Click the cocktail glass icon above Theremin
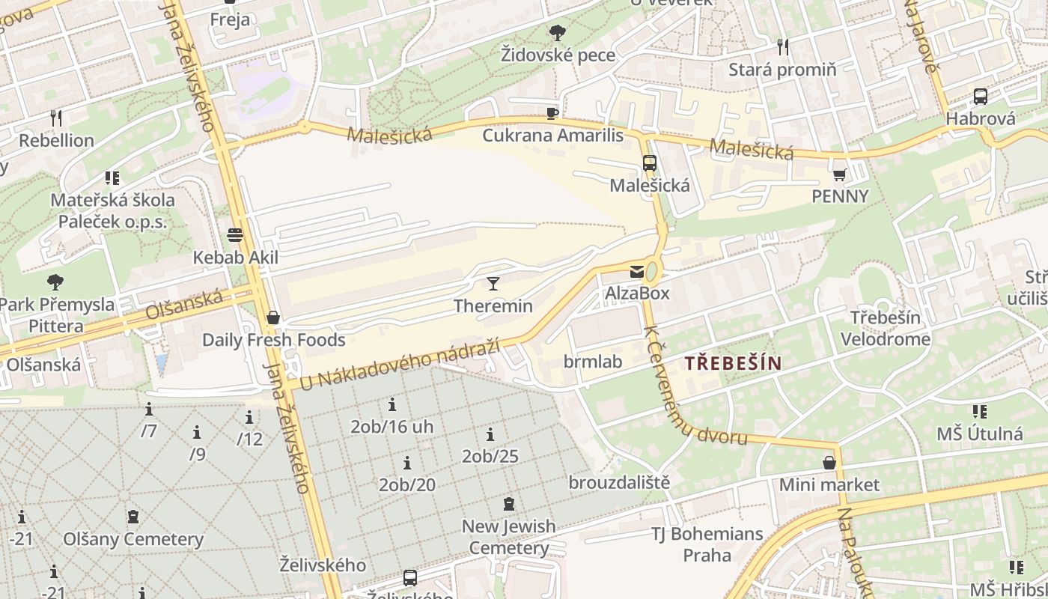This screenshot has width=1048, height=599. tap(493, 283)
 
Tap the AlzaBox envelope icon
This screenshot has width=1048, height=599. tap(636, 272)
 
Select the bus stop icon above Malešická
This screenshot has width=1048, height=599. tap(649, 162)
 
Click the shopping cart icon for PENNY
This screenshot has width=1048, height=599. tap(839, 174)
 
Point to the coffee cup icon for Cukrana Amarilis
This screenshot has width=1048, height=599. tap(552, 113)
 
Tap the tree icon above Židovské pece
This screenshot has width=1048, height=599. tap(557, 32)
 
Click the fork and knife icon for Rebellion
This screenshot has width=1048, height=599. tap(55, 118)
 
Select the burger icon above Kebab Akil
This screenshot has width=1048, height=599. tap(235, 235)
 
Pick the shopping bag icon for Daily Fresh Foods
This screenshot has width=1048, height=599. tap(273, 317)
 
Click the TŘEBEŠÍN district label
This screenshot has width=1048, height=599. tap(733, 364)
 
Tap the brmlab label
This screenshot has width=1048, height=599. tap(593, 362)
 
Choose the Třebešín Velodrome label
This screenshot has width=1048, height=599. tap(885, 328)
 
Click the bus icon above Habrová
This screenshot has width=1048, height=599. tap(980, 97)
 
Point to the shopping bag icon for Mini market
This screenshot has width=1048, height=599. tap(829, 463)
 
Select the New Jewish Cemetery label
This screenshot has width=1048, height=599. tap(509, 537)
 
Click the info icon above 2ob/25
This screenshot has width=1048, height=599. tap(490, 434)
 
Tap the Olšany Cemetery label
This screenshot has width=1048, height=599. tap(133, 539)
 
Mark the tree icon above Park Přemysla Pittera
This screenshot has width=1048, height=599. tap(55, 282)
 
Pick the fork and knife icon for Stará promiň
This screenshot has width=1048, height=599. tap(783, 47)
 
